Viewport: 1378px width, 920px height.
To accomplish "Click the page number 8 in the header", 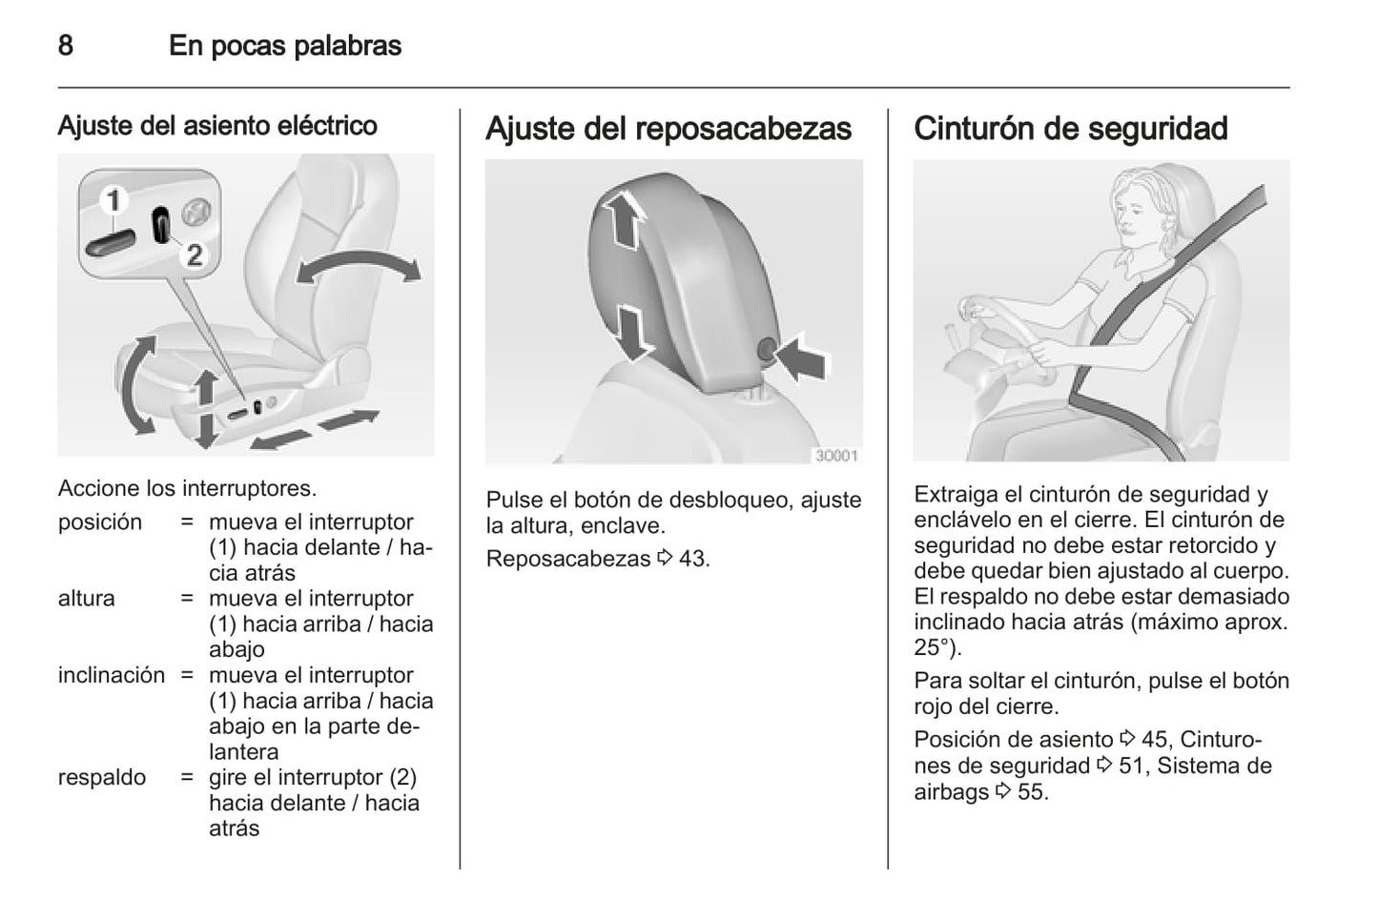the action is coord(66,46).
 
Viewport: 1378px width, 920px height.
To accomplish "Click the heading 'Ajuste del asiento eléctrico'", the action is coord(217,126).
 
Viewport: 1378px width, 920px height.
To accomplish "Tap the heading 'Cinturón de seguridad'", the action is coord(1070,129).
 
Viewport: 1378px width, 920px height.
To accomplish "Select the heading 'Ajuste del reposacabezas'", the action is coord(668,129).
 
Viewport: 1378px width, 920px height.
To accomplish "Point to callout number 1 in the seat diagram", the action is coord(113,200).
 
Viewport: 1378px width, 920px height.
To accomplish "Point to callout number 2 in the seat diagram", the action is coord(195,255).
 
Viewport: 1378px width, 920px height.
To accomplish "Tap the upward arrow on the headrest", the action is coord(623,219).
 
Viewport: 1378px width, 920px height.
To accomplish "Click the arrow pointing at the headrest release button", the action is coord(801,358).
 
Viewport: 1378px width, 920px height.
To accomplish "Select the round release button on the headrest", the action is coord(766,349).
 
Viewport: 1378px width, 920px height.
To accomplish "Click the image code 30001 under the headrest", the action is coord(836,455).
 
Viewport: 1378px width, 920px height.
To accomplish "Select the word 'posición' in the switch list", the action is coord(100,522).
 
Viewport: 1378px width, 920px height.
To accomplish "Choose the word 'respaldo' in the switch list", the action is coord(101,777).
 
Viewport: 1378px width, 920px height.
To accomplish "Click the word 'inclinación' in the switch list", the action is coord(112,675).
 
